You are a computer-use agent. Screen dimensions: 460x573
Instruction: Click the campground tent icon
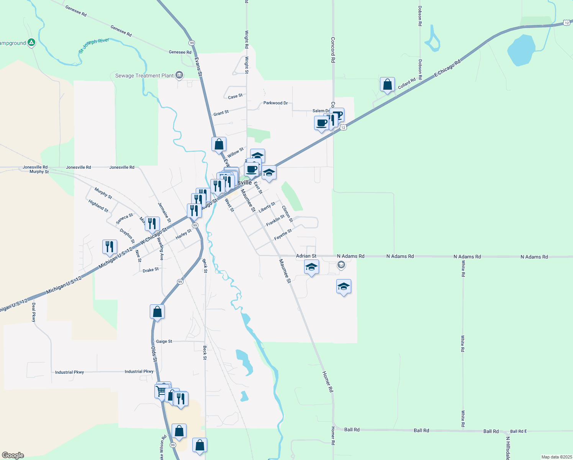coord(32,43)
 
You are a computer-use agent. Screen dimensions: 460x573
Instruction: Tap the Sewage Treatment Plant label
coord(144,76)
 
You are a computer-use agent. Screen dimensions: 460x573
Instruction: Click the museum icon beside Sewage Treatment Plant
coord(179,75)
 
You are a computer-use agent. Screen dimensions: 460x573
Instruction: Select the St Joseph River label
coord(94,45)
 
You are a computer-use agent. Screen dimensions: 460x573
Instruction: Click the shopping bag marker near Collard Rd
coord(387,84)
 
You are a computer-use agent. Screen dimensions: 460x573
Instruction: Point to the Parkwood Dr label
coord(275,103)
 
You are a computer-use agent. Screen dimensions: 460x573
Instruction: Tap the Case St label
coord(235,96)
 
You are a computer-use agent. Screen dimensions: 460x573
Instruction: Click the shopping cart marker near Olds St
coord(161,391)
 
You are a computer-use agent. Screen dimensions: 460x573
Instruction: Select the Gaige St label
coord(164,341)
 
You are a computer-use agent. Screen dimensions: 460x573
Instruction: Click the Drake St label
coord(151,270)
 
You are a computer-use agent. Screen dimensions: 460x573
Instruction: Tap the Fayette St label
coord(283,235)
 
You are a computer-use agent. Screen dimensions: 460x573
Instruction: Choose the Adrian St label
coord(306,256)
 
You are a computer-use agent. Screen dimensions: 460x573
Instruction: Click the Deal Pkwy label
coord(34,312)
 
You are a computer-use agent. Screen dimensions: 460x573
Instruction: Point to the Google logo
coord(13,455)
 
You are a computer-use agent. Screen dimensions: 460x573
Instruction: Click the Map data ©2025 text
coord(556,457)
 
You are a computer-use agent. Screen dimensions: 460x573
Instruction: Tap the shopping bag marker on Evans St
coord(219,145)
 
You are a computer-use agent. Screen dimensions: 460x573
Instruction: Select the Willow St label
coord(235,152)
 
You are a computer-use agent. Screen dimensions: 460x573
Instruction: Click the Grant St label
coord(221,113)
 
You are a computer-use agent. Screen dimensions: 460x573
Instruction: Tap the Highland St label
coord(98,206)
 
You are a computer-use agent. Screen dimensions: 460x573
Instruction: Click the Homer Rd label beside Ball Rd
coord(333,435)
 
